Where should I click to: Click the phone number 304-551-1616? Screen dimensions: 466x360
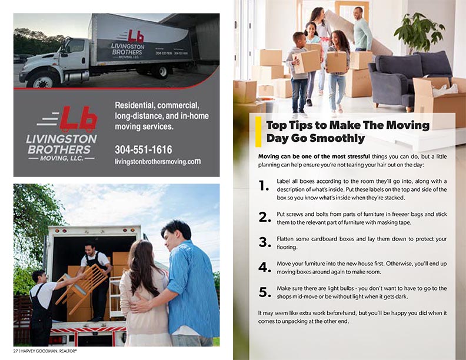(143, 149)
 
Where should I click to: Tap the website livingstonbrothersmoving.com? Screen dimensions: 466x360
(158, 162)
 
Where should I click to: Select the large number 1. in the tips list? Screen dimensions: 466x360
(264, 186)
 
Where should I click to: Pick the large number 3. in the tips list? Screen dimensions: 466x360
(265, 242)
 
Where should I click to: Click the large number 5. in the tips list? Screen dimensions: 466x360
(265, 292)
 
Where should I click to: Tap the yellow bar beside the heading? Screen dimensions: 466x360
(258, 132)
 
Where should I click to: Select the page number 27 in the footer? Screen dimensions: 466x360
(15, 351)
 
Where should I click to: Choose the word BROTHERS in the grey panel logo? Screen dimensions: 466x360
(59, 149)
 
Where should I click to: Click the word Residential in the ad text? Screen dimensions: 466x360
(135, 105)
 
